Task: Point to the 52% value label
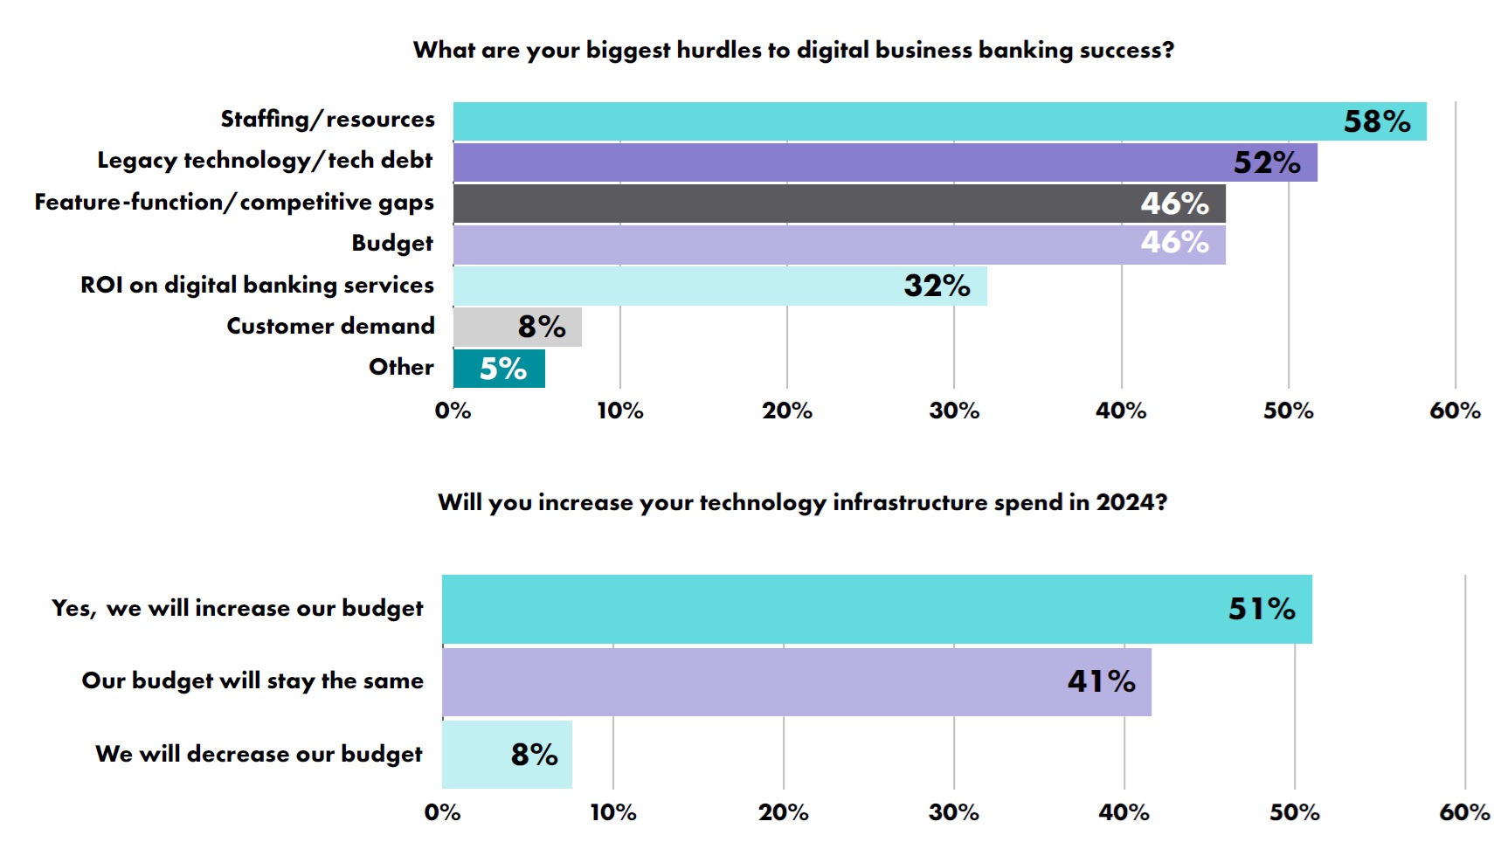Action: point(1266,162)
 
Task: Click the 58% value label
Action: point(1376,121)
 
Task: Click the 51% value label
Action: point(1261,609)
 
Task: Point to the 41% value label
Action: point(1101,681)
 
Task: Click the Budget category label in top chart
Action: point(392,244)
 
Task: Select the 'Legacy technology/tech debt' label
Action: point(265,161)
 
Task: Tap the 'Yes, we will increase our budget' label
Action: point(238,609)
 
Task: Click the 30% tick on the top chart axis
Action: point(954,411)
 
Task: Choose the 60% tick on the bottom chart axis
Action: point(1464,812)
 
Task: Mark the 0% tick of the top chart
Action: point(453,411)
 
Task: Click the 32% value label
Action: point(937,286)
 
